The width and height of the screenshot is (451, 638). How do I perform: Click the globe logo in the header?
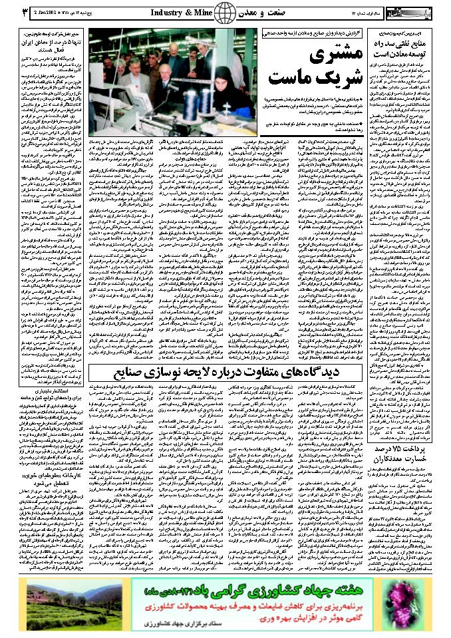225,12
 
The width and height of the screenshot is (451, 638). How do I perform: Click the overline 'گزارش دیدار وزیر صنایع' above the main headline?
303,32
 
